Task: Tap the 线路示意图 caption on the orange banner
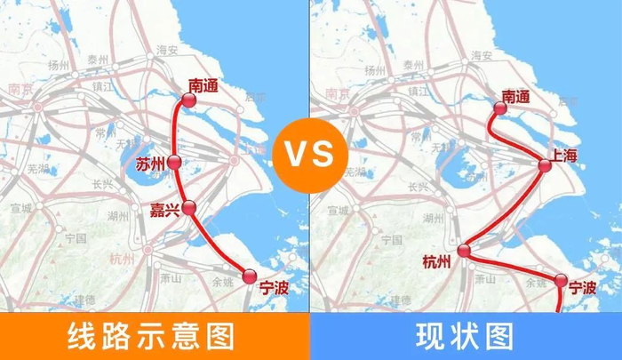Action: click(x=152, y=337)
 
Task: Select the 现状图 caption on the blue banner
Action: click(x=465, y=337)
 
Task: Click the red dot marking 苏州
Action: click(x=174, y=163)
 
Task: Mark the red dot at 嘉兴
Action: click(x=188, y=207)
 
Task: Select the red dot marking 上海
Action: click(x=546, y=164)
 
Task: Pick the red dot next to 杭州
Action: click(x=463, y=251)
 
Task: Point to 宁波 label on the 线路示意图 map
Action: click(x=275, y=286)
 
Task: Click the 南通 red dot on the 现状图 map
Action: click(x=498, y=108)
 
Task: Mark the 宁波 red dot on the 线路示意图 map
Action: click(x=250, y=276)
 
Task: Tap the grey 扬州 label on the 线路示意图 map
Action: click(x=60, y=65)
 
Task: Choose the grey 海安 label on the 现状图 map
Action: click(x=481, y=55)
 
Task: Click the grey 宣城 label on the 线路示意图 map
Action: click(x=20, y=208)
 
